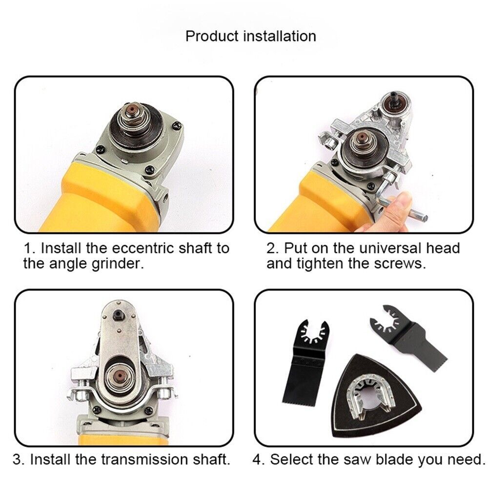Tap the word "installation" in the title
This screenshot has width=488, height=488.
280,36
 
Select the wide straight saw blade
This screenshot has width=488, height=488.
304,364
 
